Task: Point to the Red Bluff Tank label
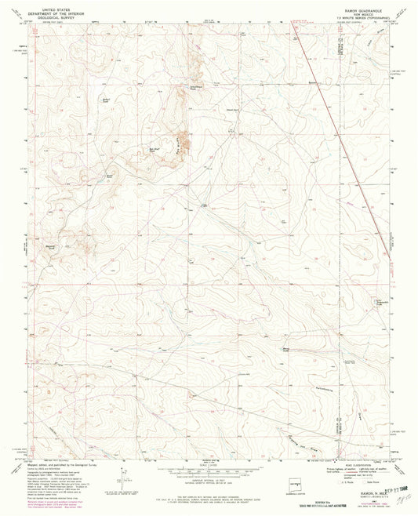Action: pyautogui.click(x=156, y=146)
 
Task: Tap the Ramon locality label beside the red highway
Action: pyautogui.click(x=313, y=82)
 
